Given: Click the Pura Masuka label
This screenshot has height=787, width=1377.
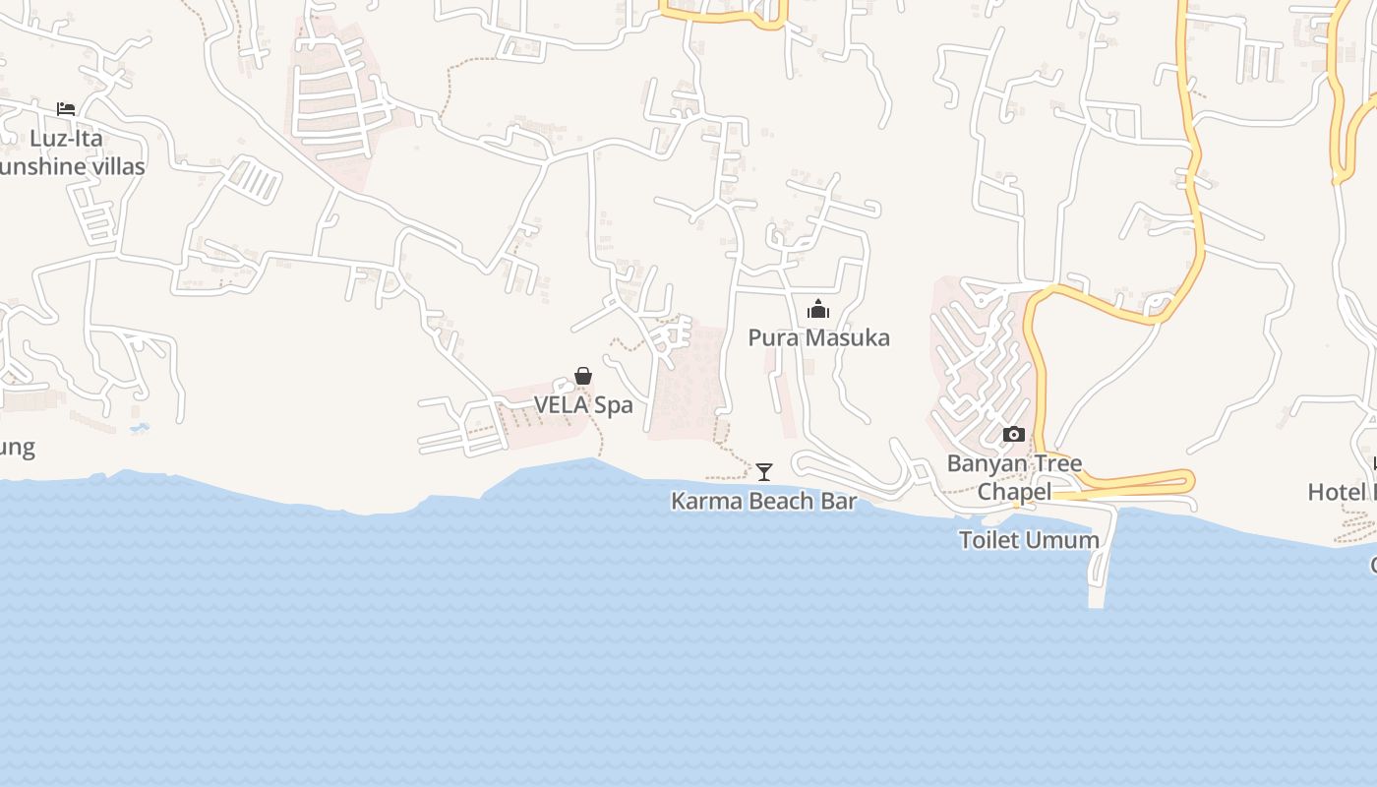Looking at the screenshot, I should (x=818, y=337).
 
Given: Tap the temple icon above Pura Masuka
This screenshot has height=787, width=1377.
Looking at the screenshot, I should (x=818, y=310).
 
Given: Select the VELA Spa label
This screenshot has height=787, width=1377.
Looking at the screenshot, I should (x=583, y=404).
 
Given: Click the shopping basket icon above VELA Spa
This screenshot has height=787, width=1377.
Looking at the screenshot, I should (x=583, y=376).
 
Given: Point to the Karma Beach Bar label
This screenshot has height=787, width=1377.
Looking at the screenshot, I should (x=763, y=501).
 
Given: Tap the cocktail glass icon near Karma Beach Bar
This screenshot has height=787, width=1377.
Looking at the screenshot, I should (x=764, y=472).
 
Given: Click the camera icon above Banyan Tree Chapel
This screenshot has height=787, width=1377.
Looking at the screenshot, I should (x=1013, y=434).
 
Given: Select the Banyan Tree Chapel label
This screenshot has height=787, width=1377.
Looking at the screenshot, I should (x=1014, y=477).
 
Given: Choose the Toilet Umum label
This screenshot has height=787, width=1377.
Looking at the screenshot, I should (x=1029, y=540).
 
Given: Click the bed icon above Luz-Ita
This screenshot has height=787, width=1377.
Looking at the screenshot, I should (x=66, y=108).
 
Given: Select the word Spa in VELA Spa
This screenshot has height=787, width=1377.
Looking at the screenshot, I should (x=612, y=404).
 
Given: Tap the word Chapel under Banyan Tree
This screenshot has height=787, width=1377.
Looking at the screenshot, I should (x=1014, y=491).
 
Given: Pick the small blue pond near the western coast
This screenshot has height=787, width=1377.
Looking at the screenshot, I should (x=140, y=428).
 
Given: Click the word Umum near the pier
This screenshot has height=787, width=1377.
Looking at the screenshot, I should (x=1066, y=540).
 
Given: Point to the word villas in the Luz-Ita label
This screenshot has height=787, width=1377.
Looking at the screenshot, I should (x=114, y=166).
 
